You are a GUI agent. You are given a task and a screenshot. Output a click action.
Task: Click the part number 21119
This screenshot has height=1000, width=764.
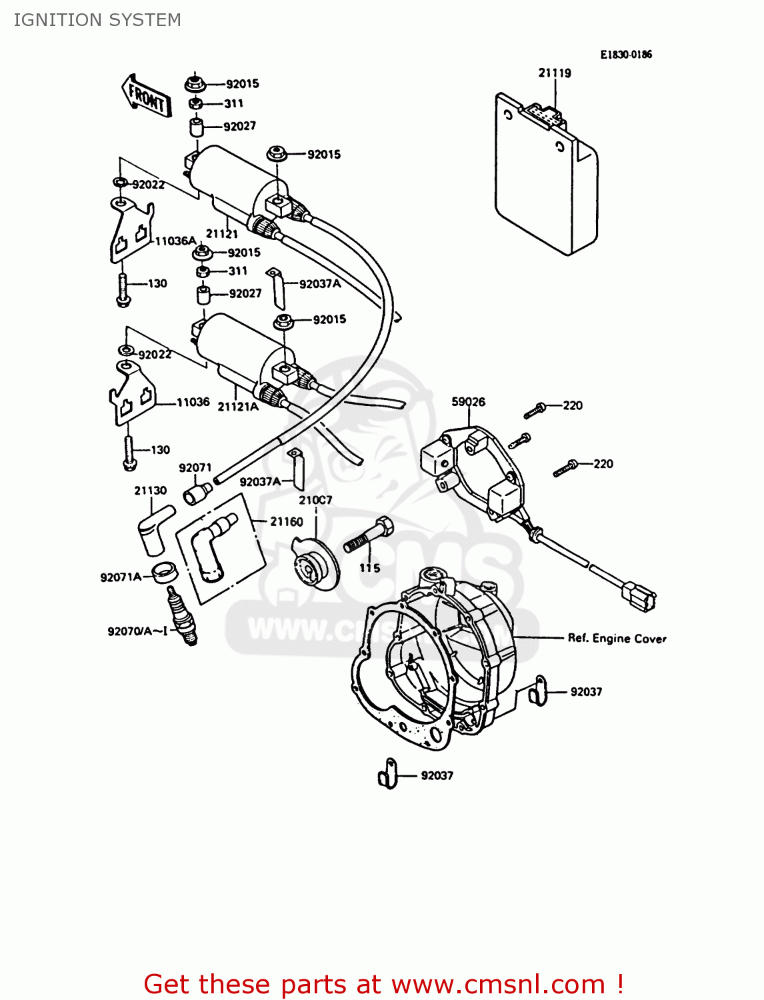(555, 73)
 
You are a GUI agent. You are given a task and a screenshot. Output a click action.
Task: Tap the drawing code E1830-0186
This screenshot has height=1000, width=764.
(626, 55)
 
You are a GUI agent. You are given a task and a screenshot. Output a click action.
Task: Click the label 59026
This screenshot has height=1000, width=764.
(468, 401)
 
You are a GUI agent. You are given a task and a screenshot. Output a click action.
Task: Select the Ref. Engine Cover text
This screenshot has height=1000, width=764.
(617, 638)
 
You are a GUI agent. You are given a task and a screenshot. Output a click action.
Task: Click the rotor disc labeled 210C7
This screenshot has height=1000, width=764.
(315, 564)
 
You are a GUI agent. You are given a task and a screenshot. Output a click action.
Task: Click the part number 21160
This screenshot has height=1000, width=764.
(286, 521)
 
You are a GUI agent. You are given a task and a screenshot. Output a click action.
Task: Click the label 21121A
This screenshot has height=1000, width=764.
(238, 407)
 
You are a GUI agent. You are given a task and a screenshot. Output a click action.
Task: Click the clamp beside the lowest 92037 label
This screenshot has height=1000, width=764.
(387, 775)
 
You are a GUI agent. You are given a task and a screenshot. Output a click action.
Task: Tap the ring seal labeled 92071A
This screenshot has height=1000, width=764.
(165, 573)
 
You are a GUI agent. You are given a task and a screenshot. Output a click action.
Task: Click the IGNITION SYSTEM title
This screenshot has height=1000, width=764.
(97, 20)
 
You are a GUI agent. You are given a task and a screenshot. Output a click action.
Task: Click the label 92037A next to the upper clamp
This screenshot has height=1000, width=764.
(320, 284)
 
